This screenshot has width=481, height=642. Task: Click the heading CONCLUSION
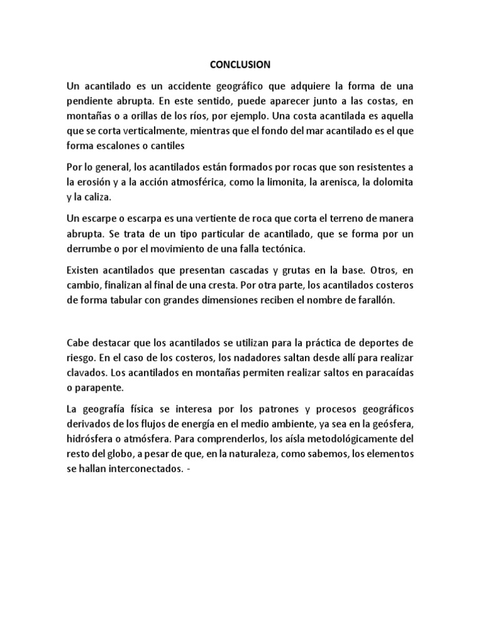(240, 64)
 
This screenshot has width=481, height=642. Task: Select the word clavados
(86, 372)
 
